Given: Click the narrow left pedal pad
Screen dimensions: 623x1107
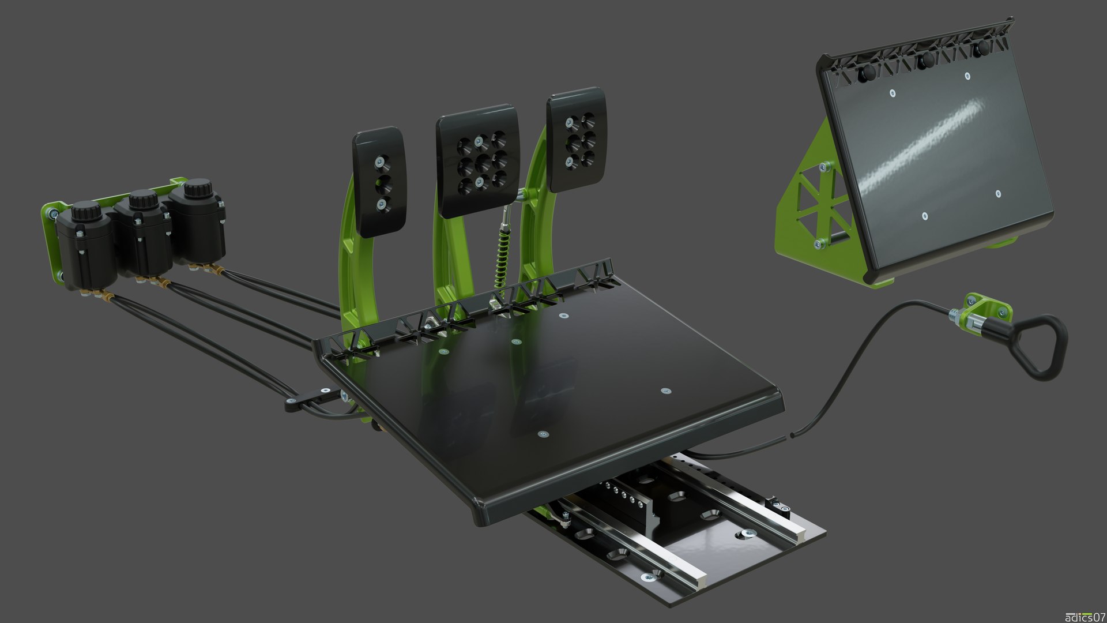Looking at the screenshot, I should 379,181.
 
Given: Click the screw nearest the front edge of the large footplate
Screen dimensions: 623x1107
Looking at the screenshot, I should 543,434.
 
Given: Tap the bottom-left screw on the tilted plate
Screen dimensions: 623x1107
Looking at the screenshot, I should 924,216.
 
